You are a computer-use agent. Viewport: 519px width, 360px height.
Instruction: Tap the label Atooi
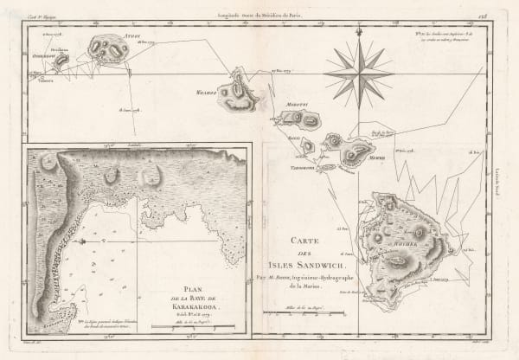point(108,35)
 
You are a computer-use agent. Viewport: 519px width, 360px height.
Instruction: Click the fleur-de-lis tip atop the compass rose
point(358,31)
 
